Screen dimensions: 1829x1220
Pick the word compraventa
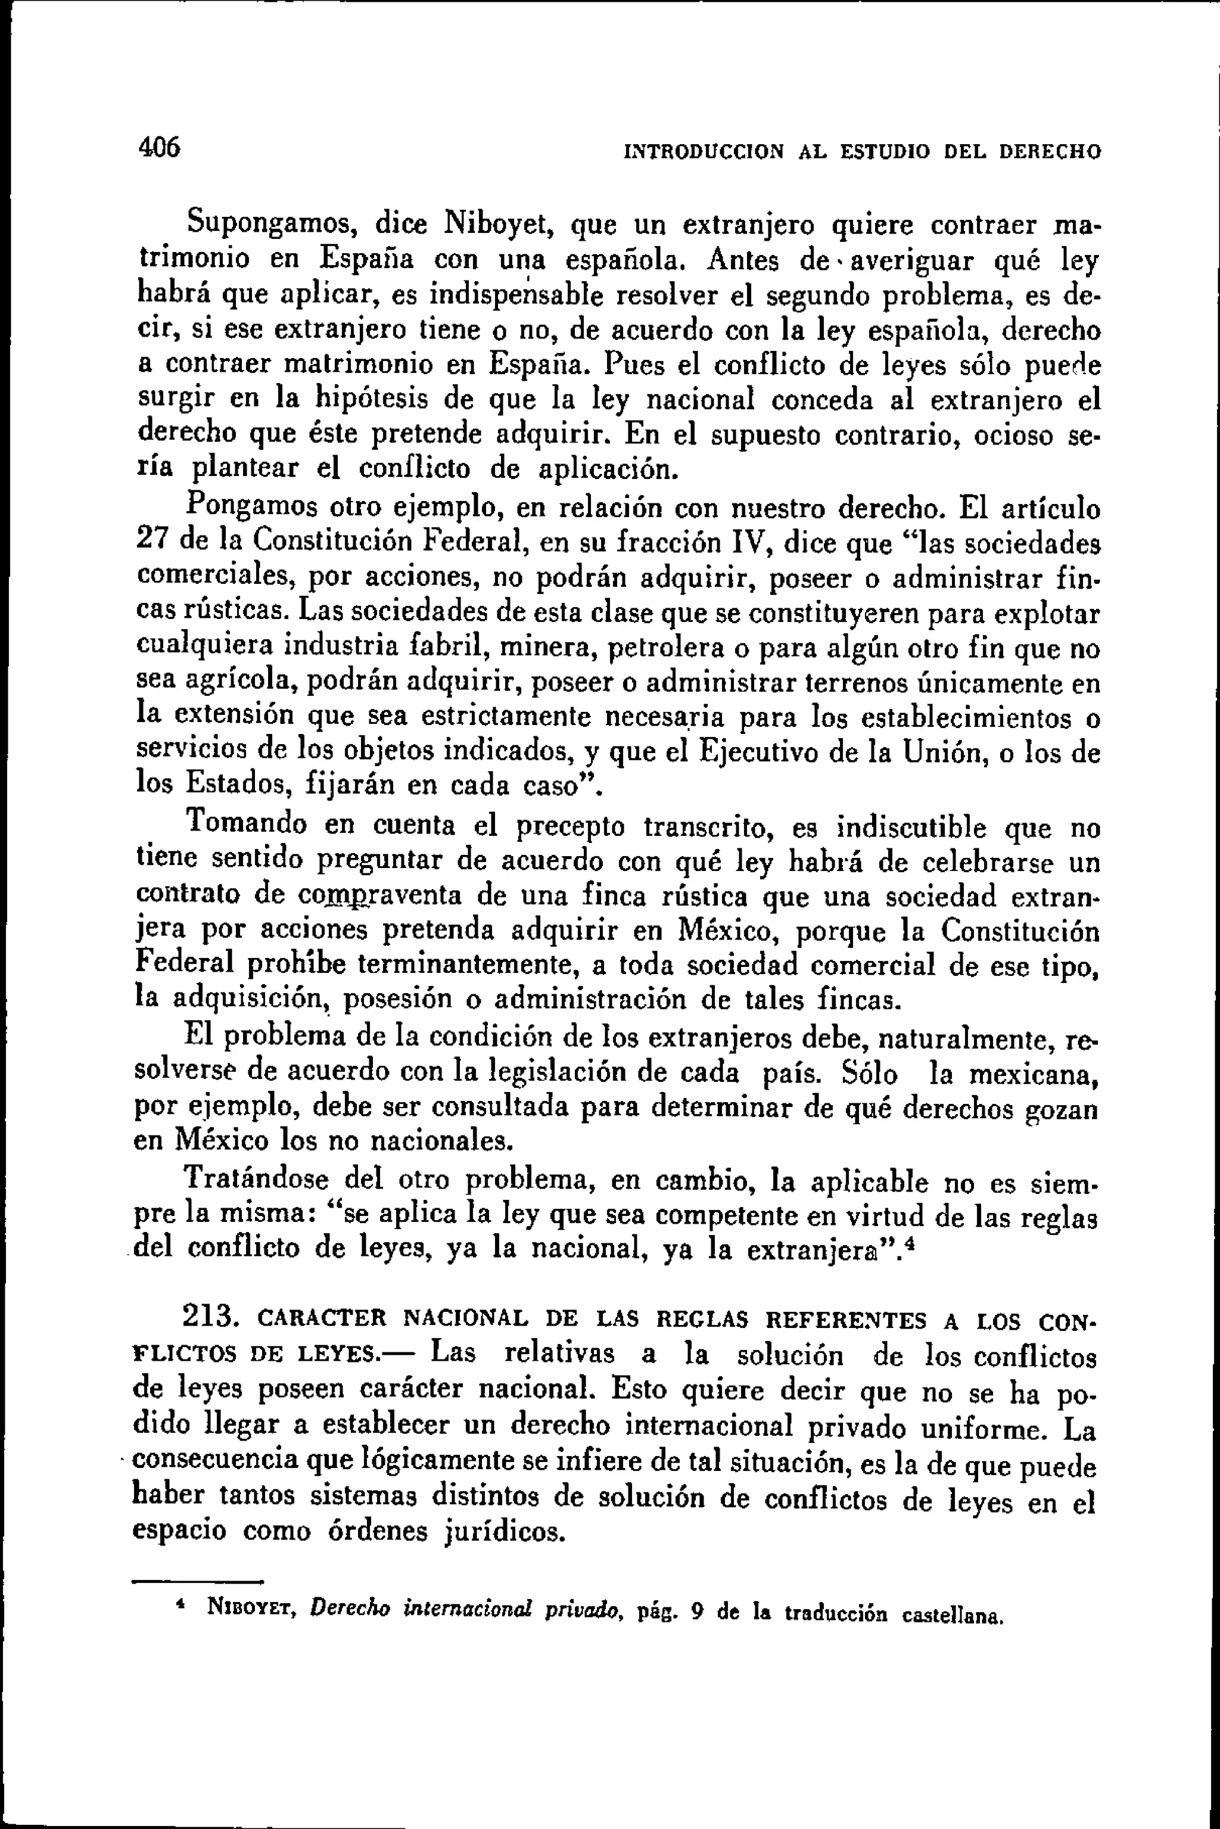point(381,895)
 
